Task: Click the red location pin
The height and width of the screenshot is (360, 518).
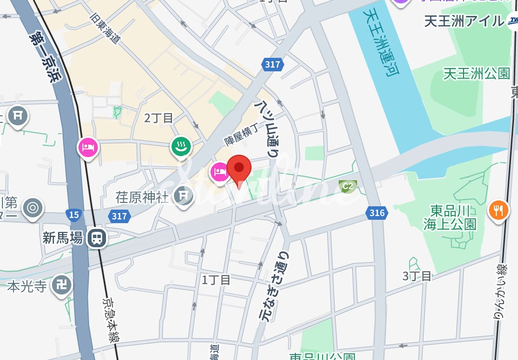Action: tap(239, 169)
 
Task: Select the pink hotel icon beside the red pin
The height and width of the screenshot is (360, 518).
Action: tap(219, 171)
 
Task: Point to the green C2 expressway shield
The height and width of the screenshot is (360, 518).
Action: tap(347, 186)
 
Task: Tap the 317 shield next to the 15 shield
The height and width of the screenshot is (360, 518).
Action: tap(119, 216)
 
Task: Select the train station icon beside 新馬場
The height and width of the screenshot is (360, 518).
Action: tap(97, 238)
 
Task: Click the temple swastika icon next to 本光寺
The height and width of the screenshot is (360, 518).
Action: tap(62, 285)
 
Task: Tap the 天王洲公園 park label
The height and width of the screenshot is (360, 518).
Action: tap(477, 73)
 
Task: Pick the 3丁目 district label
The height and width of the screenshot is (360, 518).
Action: tap(417, 276)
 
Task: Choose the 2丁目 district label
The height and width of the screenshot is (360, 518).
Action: tap(159, 118)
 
